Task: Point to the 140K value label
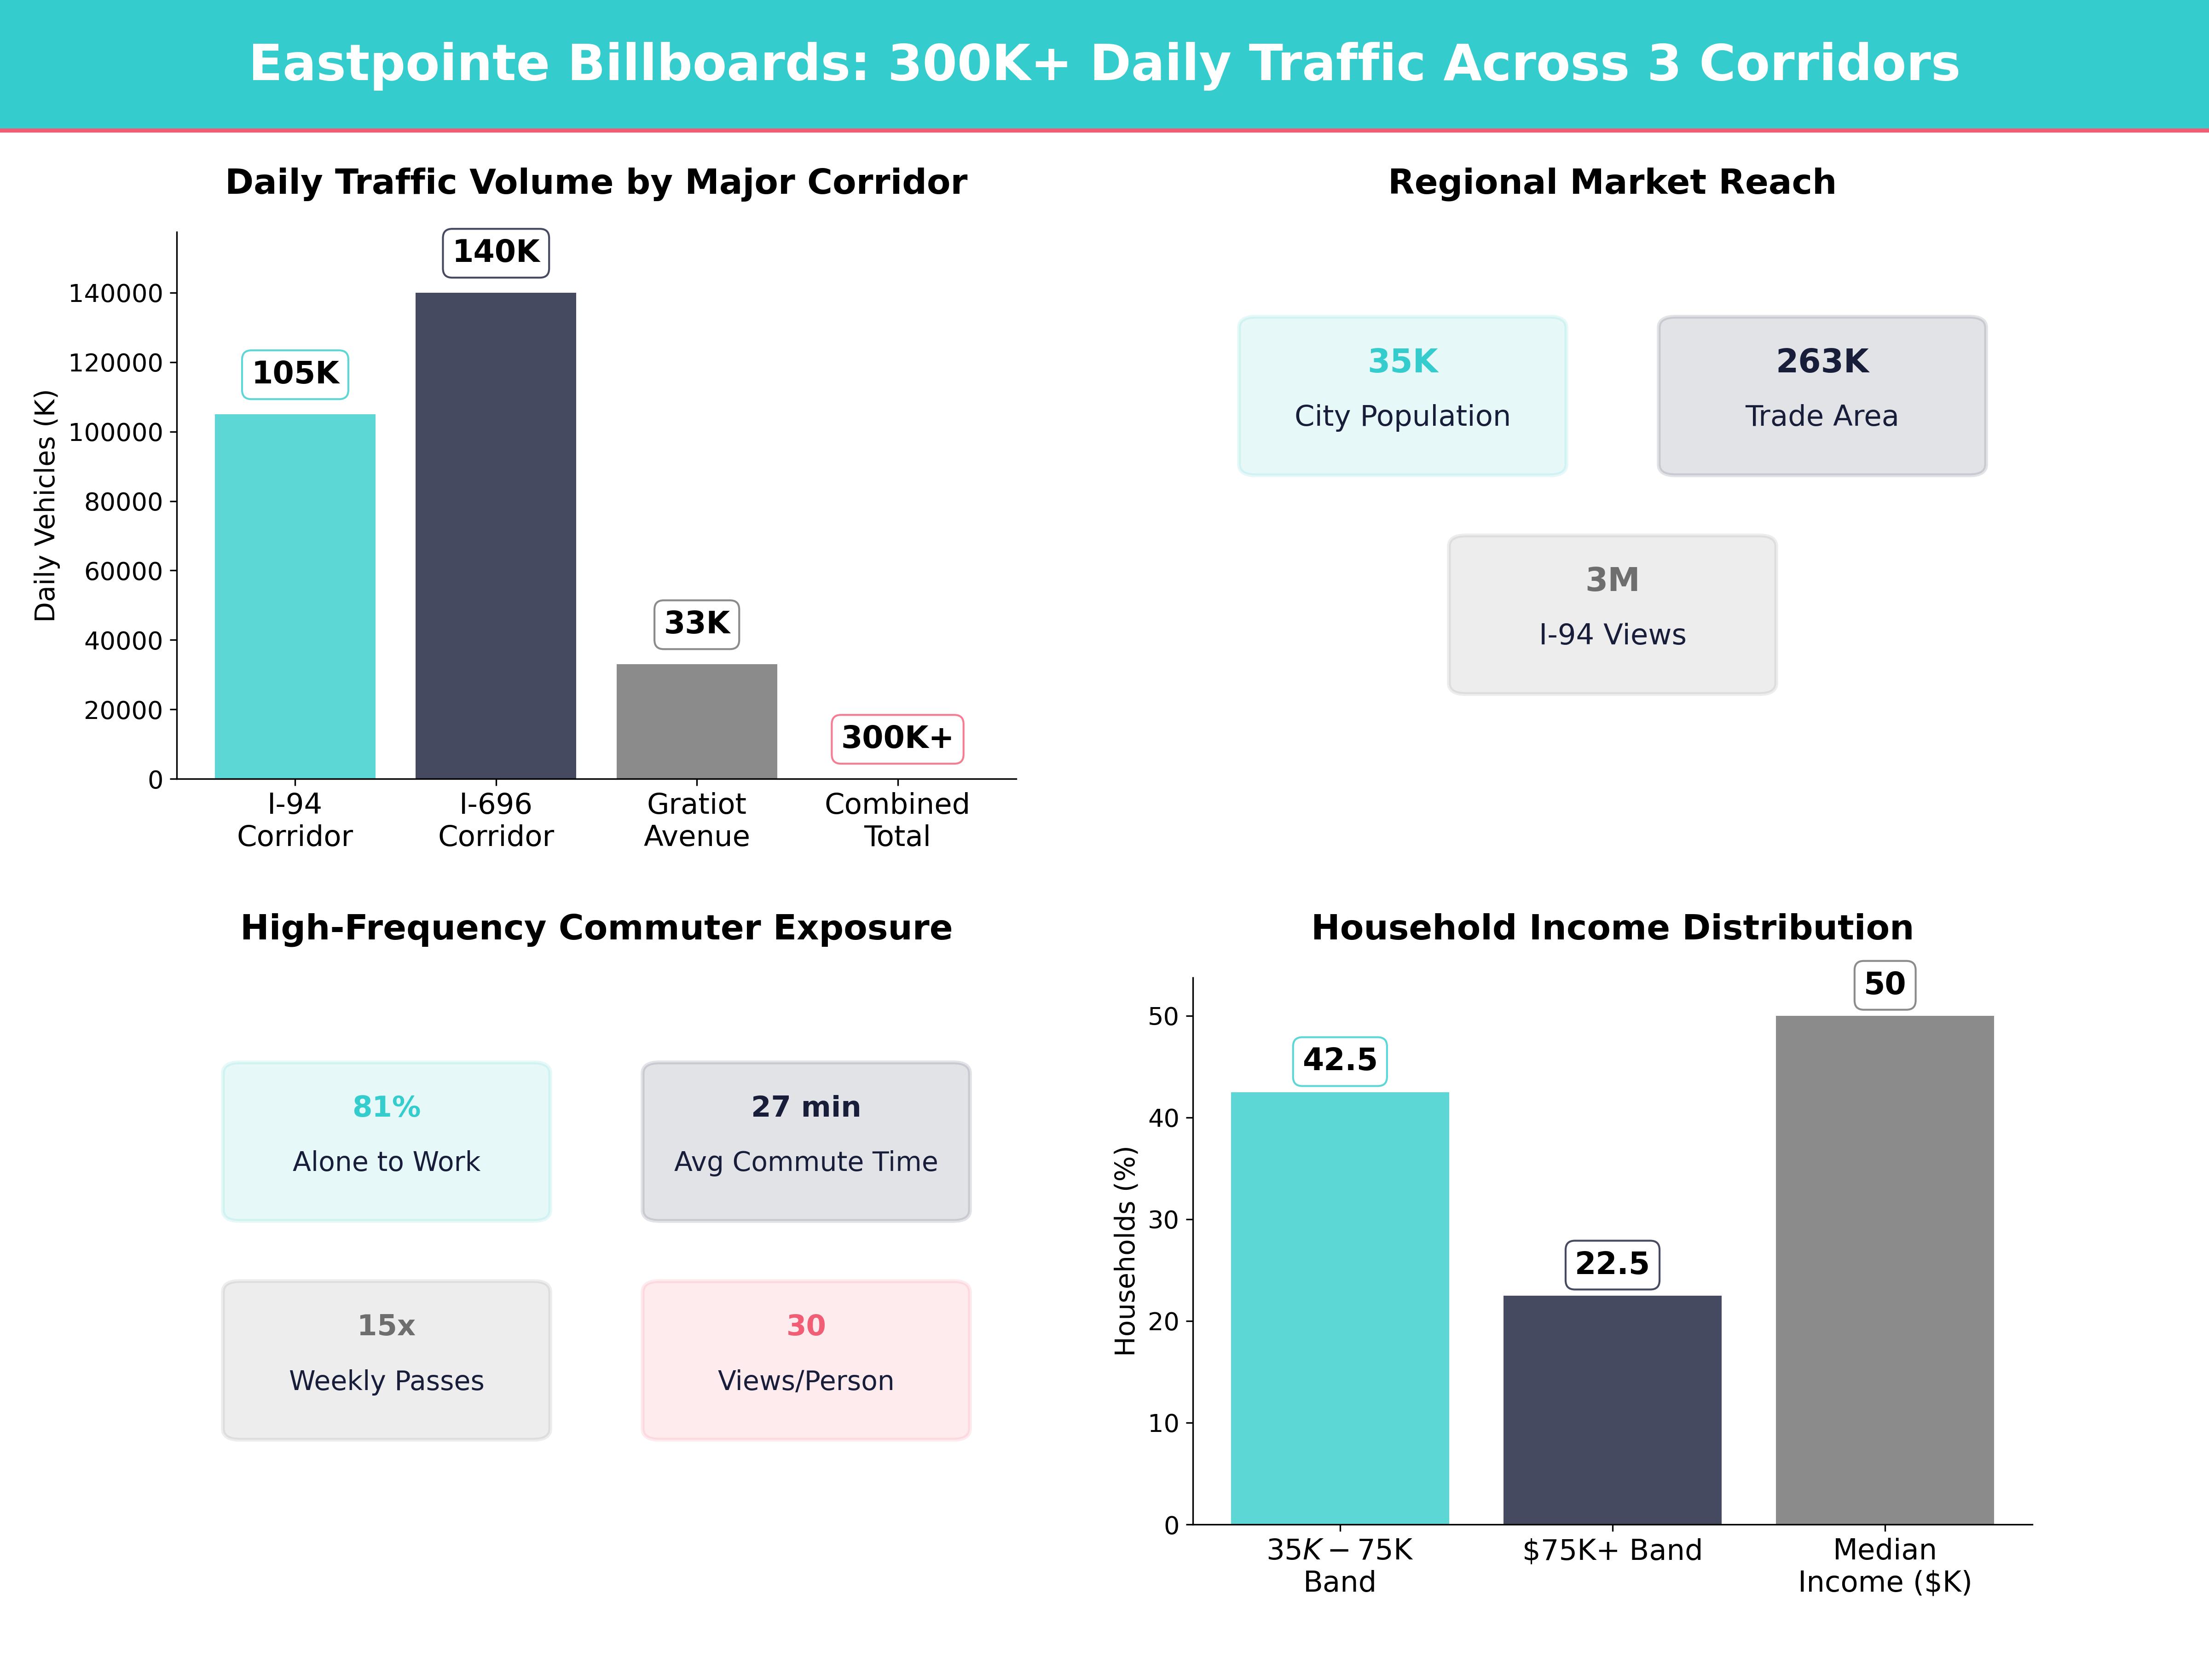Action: click(x=495, y=252)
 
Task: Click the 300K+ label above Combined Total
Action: click(x=897, y=738)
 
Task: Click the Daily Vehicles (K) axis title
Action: click(x=45, y=505)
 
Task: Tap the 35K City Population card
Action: click(x=1402, y=395)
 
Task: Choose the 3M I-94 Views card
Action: click(x=1612, y=614)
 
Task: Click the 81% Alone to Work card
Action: click(x=387, y=1141)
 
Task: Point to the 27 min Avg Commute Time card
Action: click(x=806, y=1141)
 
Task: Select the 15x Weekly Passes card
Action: click(x=387, y=1359)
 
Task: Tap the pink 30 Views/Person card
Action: click(x=806, y=1359)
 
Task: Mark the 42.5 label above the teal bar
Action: click(x=1339, y=1060)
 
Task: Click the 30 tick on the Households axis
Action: click(x=1163, y=1220)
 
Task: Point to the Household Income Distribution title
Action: click(x=1612, y=928)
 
